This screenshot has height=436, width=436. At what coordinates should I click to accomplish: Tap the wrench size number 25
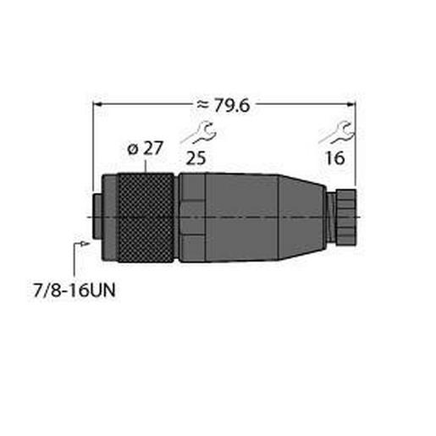pos(196,158)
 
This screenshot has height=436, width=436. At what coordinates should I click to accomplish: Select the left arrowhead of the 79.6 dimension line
pos(96,104)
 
